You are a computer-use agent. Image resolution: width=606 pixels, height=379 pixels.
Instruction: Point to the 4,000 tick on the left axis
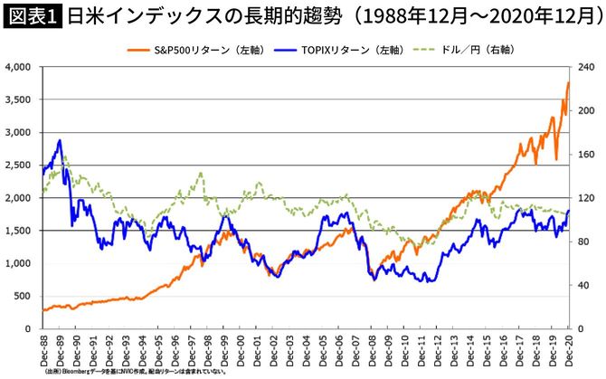pyautogui.click(x=18, y=67)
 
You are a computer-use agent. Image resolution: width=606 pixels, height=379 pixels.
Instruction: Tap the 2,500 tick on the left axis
pyautogui.click(x=18, y=166)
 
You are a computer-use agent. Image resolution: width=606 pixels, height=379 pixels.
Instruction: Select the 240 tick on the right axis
pyautogui.click(x=586, y=67)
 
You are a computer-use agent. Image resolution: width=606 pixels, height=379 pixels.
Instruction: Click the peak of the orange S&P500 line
pyautogui.click(x=568, y=83)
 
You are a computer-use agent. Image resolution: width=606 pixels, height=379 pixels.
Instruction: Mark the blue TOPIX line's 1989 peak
pyautogui.click(x=60, y=140)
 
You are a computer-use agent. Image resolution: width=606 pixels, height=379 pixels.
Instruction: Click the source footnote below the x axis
pyautogui.click(x=136, y=371)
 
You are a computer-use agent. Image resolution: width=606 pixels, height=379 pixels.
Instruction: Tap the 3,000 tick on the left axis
pyautogui.click(x=18, y=133)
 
